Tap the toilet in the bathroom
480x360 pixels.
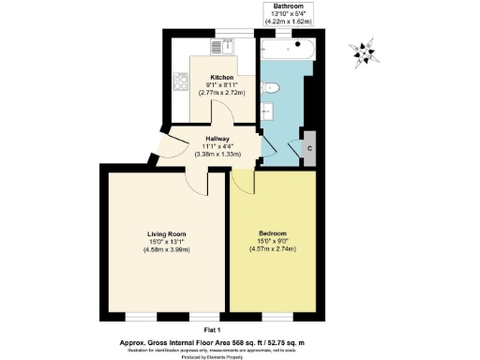(x=272, y=88)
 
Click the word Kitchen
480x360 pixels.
(x=222, y=77)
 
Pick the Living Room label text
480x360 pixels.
(x=165, y=233)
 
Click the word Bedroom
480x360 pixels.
(x=273, y=232)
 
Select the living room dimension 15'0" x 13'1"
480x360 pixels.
(x=165, y=242)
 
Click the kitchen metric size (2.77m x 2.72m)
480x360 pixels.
(x=222, y=94)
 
